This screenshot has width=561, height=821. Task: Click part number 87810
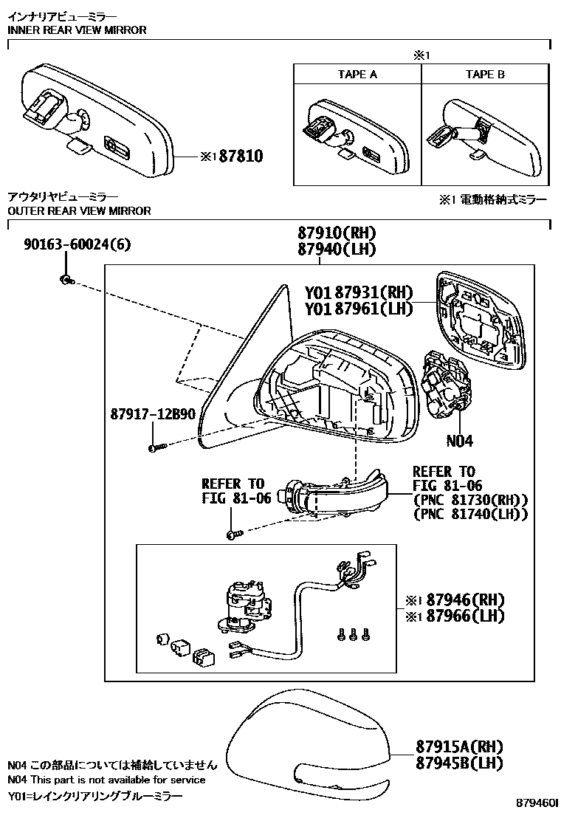coord(237,157)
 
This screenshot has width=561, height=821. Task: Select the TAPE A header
coord(357,75)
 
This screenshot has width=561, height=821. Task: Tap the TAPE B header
coord(485,75)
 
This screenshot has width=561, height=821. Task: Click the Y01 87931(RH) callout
coord(359,292)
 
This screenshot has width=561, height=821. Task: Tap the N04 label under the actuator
coord(459,442)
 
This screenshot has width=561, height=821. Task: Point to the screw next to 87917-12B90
coord(154,447)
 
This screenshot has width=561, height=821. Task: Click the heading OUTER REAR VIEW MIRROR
coord(79,211)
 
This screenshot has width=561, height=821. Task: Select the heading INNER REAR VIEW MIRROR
coord(77,30)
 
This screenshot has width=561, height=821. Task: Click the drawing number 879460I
coord(537,803)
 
